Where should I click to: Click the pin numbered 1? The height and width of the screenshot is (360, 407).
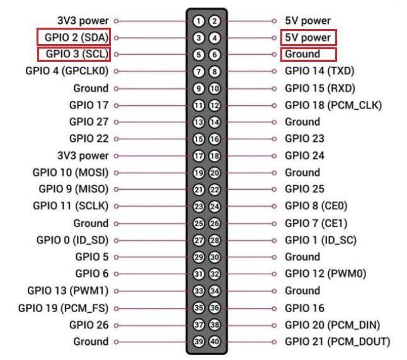[x=198, y=21]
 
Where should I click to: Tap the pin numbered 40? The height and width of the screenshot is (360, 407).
[x=215, y=342]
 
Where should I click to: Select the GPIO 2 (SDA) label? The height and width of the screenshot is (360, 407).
[x=77, y=37]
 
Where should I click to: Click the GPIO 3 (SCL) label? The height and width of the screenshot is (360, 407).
[x=77, y=54]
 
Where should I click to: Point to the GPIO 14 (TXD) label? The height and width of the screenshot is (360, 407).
[x=319, y=71]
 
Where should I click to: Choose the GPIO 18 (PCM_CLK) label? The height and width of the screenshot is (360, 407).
[x=333, y=105]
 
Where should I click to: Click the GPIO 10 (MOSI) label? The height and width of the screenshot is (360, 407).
[x=71, y=173]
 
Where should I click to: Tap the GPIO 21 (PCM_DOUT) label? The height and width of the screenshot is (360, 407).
[x=338, y=342]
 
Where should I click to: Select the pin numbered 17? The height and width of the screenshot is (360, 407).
[x=198, y=156]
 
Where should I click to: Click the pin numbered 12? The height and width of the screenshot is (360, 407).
[x=215, y=105]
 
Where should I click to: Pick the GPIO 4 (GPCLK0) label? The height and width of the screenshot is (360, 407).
[x=67, y=71]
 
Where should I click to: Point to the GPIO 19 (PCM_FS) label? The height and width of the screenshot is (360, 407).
[x=64, y=308]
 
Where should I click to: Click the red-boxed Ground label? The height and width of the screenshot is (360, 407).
[x=302, y=54]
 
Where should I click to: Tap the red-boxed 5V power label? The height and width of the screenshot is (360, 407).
[x=307, y=38]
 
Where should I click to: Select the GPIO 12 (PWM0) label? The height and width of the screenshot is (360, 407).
[x=326, y=274]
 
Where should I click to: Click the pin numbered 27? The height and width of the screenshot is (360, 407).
[x=198, y=240]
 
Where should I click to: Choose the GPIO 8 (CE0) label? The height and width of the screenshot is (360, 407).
[x=316, y=206]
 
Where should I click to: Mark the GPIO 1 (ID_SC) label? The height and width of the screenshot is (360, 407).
[x=321, y=240]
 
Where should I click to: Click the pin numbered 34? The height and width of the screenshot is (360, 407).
[x=215, y=291]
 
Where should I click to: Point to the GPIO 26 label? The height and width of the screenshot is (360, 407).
[x=89, y=325]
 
